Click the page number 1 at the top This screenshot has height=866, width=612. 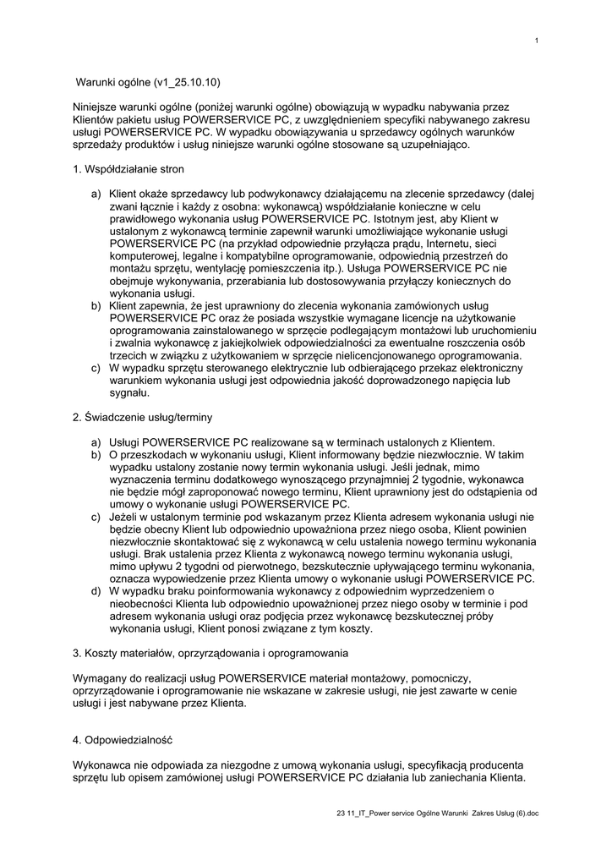[537, 41]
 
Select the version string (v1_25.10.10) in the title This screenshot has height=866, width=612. [187, 83]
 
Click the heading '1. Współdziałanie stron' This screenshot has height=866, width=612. [128, 169]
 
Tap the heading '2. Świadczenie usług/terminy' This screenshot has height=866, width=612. [142, 417]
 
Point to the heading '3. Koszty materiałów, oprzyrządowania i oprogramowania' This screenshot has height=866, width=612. [210, 653]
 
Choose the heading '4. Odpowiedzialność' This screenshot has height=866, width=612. [122, 740]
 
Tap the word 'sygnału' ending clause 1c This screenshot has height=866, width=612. [128, 392]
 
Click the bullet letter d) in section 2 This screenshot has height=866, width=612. [96, 591]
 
